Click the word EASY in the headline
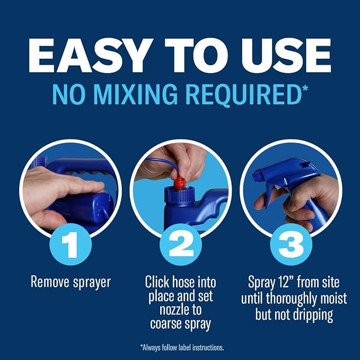coord(91,55)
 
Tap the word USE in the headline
coord(286,55)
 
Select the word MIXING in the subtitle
coord(135,94)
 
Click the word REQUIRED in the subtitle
coord(243,95)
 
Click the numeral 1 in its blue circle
coord(71,244)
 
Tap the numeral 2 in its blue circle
coord(181,244)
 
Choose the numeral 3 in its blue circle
coord(291,244)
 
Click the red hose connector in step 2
coord(180,183)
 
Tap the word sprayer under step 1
coord(92,283)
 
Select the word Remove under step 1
coord(50,282)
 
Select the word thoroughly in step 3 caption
coord(292,299)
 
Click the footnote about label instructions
coord(182,347)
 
